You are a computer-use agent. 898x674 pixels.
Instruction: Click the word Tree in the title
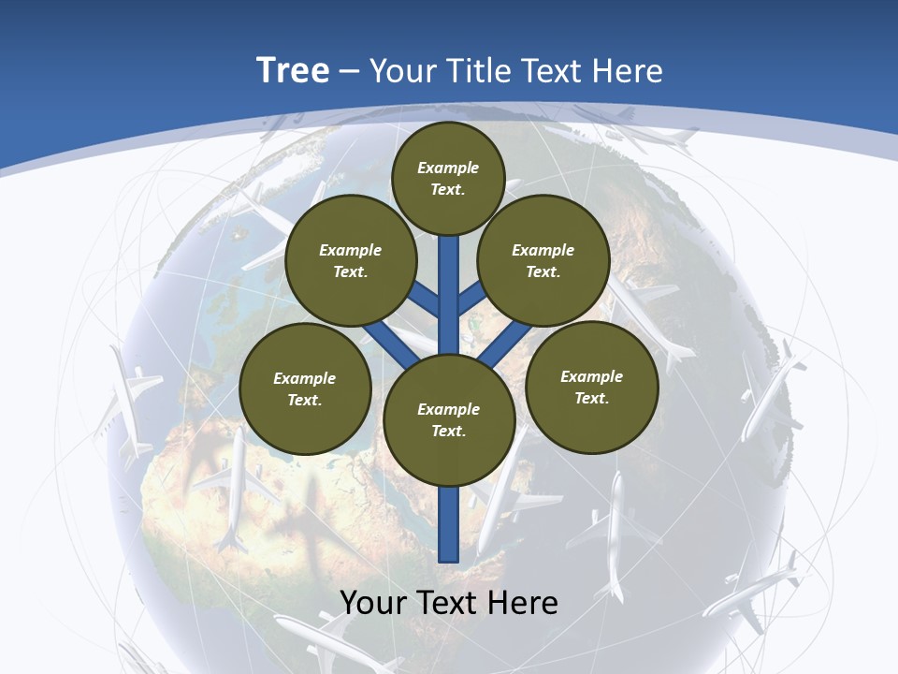coord(293,71)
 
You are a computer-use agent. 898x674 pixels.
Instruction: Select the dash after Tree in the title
coord(350,72)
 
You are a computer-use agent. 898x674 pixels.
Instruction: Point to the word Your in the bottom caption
coord(373,603)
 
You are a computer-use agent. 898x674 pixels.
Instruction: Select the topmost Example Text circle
coord(448,178)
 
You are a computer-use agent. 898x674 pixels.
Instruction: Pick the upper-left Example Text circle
coord(351,261)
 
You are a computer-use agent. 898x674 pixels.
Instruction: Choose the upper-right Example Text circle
coord(543,261)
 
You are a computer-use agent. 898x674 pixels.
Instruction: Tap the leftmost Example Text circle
coord(305,389)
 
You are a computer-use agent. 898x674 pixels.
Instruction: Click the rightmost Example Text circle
coord(591,388)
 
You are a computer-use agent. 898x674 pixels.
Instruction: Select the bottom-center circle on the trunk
coord(449,420)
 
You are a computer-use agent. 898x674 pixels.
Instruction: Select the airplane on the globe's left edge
coord(125,398)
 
